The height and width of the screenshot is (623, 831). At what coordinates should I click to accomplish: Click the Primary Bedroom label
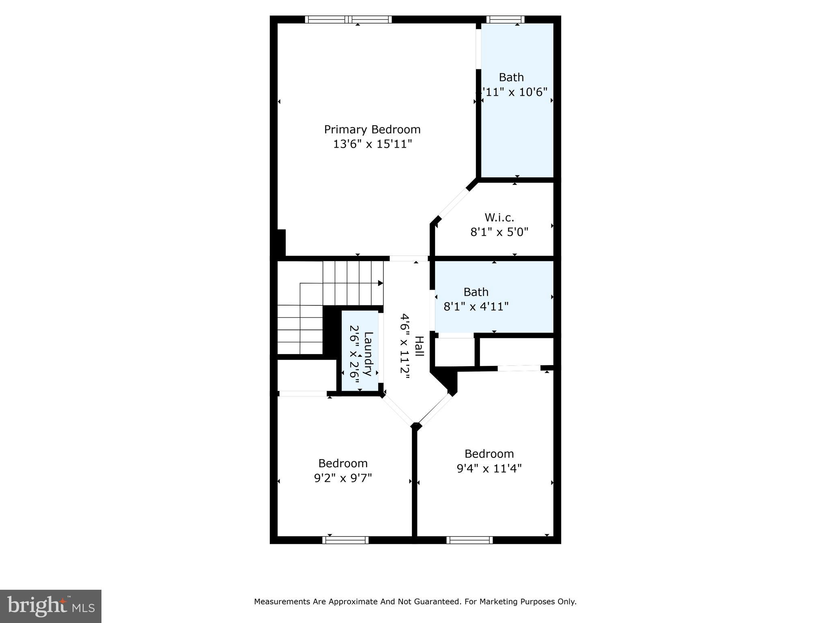[x=372, y=130]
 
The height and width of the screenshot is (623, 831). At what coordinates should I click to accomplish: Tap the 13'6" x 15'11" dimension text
[x=372, y=144]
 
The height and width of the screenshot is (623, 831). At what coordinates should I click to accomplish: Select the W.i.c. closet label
[x=499, y=218]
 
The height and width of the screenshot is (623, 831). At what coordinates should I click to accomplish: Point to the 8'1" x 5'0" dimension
[x=499, y=232]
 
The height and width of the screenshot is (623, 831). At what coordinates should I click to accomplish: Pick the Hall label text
[x=419, y=346]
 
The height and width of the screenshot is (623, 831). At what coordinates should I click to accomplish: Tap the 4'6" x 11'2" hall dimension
[x=405, y=346]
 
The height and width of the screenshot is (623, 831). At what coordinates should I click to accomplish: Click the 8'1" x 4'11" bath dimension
[x=476, y=307]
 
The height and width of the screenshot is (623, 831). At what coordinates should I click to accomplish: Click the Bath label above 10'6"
[x=511, y=77]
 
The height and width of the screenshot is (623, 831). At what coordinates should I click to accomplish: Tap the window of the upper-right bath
[x=505, y=19]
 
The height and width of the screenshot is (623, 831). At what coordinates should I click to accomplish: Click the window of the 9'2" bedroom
[x=345, y=540]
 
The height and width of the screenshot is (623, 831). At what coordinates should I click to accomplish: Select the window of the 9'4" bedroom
[x=469, y=540]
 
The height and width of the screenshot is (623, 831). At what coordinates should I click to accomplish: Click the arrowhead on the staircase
[x=380, y=283]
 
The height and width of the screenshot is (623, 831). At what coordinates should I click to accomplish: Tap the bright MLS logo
[x=51, y=606]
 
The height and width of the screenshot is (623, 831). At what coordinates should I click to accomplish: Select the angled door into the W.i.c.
[x=454, y=204]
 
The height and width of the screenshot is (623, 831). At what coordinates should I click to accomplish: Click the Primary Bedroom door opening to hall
[x=409, y=258]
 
